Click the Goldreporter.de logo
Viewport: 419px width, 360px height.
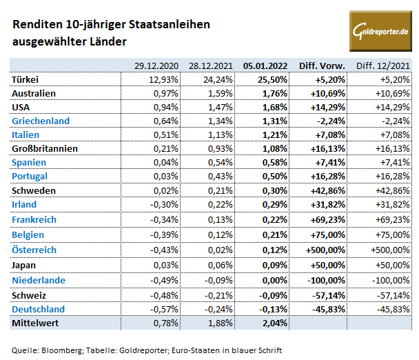point(380,30)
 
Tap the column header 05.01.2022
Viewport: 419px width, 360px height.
point(265,66)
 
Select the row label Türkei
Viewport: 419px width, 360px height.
point(26,79)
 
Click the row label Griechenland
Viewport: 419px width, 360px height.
point(40,120)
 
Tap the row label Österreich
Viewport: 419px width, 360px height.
point(34,250)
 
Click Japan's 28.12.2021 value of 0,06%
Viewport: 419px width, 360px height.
point(221,264)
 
